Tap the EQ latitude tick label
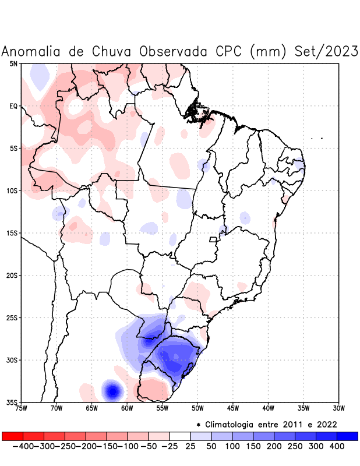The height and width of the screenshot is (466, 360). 13,106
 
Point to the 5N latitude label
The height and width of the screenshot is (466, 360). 13,63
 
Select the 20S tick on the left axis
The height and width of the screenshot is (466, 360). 12,276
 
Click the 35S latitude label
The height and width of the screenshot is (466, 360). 12,403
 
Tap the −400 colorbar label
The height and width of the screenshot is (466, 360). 24,446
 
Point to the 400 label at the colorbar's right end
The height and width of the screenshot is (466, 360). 337,446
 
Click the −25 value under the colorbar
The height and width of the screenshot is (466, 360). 170,446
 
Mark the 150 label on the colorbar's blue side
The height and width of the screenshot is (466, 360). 253,446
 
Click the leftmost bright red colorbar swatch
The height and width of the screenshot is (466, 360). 12,436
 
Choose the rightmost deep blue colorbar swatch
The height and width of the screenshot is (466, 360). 347,436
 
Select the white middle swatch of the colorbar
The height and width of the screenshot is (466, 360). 180,436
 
